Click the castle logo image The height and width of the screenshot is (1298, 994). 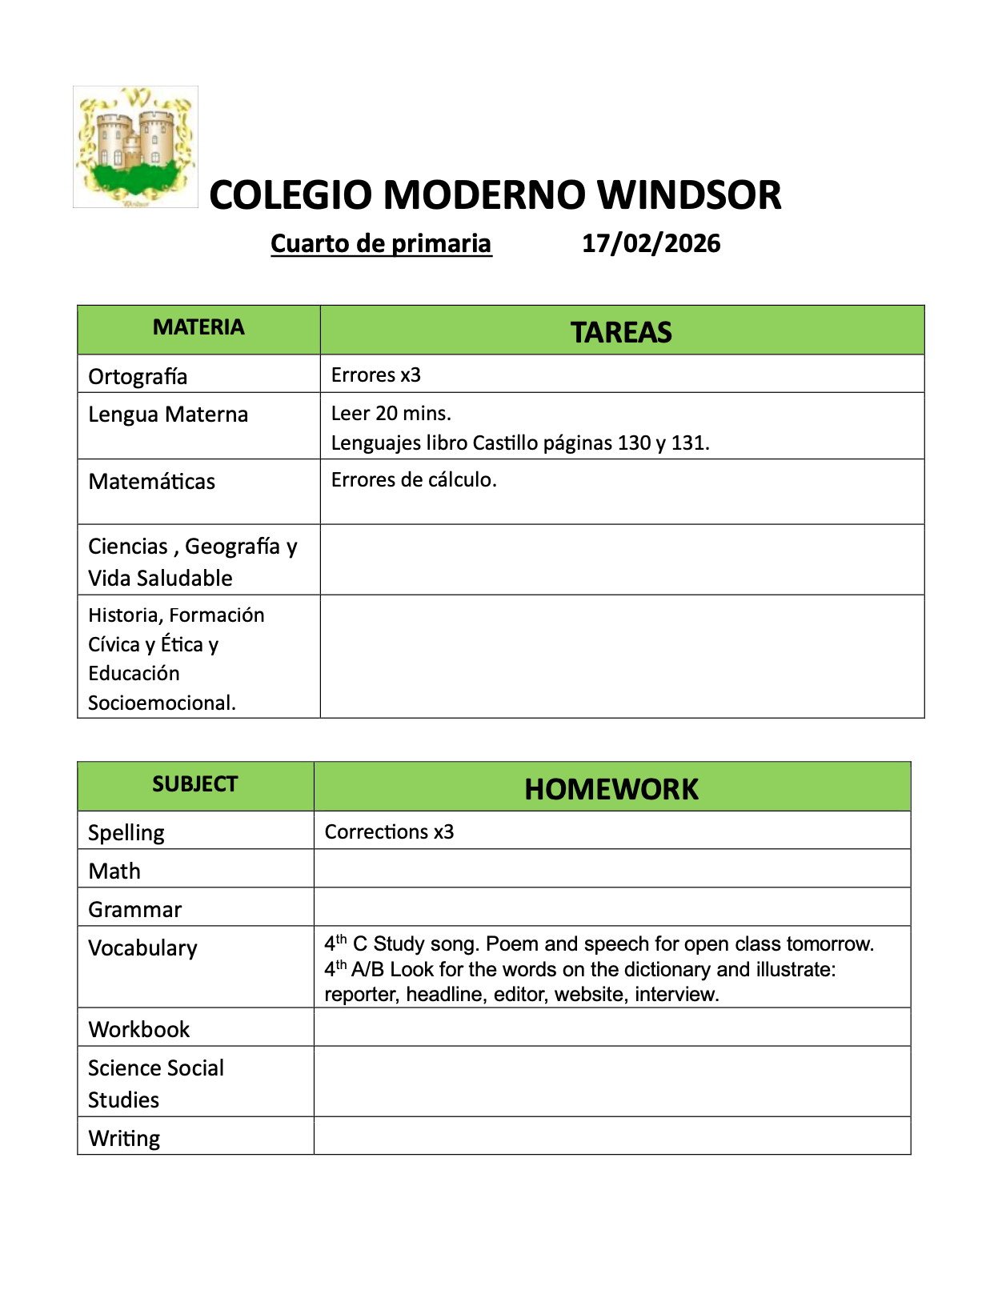(135, 147)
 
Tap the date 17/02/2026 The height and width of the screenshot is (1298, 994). (651, 243)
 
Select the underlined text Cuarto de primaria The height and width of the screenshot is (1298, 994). (381, 243)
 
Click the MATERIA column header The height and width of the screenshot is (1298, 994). (198, 327)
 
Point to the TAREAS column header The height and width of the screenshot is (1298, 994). (621, 332)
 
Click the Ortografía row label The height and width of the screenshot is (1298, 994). (138, 376)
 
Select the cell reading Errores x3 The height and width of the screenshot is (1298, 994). (375, 375)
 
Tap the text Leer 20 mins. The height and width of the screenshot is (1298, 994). (391, 413)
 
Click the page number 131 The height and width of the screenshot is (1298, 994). (689, 443)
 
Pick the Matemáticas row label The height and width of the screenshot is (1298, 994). (151, 481)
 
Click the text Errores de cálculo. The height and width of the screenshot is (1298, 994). (414, 479)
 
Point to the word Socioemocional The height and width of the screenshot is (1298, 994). (162, 703)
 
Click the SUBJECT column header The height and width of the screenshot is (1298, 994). (195, 784)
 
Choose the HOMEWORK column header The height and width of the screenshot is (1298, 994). (611, 789)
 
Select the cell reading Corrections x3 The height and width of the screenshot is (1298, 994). (389, 831)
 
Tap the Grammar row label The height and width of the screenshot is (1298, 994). (134, 909)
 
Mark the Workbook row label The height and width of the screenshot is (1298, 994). (138, 1029)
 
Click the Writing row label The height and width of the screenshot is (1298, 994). (124, 1138)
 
